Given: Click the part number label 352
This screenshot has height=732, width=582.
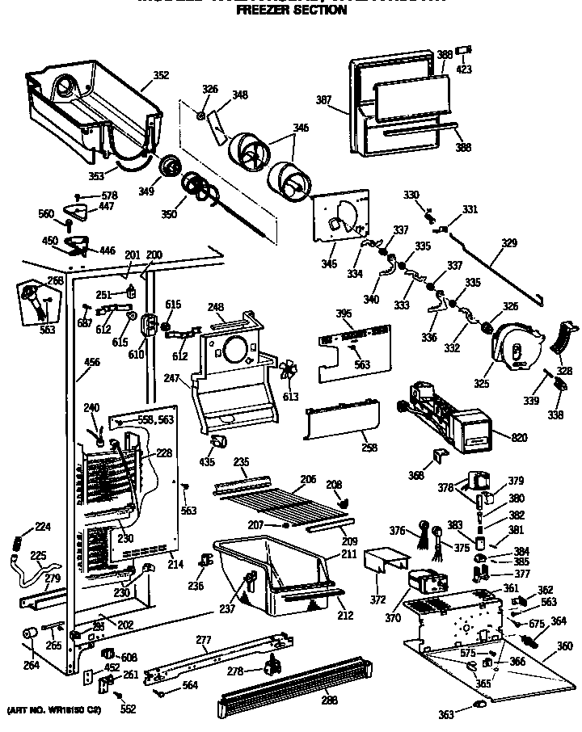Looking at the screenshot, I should (161, 76).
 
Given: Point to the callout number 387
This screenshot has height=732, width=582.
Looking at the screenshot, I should (324, 101).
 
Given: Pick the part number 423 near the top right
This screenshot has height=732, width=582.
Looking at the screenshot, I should (465, 69).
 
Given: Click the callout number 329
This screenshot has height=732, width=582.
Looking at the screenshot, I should (508, 242).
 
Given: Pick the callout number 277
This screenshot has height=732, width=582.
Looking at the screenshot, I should (203, 641).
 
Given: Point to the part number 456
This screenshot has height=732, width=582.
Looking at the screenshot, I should (92, 363).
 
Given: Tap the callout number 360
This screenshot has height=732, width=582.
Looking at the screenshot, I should (565, 646).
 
